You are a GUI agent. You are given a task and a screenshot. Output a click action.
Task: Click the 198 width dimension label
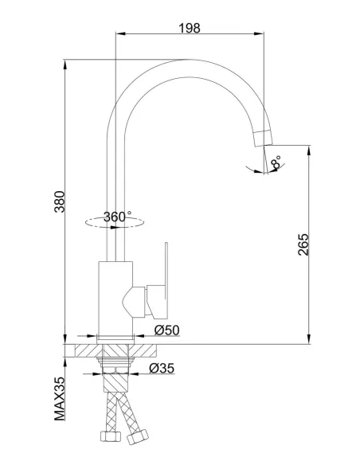point(190,28)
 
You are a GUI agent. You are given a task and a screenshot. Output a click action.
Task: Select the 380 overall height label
point(60,201)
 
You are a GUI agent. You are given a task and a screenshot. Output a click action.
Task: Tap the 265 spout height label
point(303,244)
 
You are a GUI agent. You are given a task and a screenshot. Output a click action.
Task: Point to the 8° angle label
point(276,162)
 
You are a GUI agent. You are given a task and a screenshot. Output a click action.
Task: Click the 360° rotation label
point(117,217)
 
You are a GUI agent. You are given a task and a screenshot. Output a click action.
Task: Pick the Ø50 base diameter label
point(167,330)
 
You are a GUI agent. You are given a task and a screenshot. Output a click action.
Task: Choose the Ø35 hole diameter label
point(162,368)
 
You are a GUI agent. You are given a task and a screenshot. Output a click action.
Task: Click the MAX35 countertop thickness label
point(60,399)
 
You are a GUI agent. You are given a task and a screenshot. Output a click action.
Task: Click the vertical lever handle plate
point(166,279)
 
